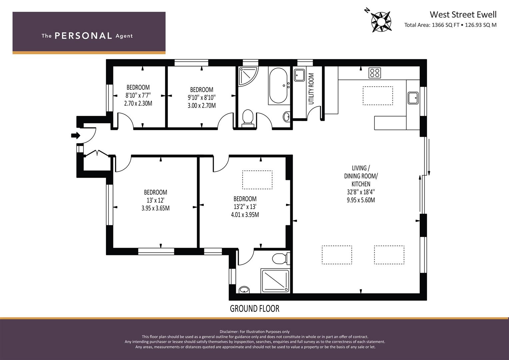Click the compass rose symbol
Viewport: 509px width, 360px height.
(381, 22)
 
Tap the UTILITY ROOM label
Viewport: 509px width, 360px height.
(311, 89)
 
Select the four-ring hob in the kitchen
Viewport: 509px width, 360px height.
(374, 73)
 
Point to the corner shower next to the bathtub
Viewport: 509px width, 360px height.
(248, 76)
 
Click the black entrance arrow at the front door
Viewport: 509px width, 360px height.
(76, 135)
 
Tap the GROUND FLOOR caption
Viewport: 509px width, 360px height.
(255, 309)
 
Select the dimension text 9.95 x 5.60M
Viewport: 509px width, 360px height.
(361, 200)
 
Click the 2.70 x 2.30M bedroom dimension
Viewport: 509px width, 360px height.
(138, 103)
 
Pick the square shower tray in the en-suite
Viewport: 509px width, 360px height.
(275, 281)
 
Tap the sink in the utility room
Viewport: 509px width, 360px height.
(299, 75)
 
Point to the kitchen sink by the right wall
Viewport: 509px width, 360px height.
(413, 98)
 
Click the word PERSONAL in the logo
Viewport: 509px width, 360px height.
(83, 36)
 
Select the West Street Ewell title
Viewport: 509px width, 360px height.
(463, 15)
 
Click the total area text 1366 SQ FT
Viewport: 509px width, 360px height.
(446, 25)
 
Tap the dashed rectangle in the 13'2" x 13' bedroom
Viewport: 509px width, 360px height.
(257, 180)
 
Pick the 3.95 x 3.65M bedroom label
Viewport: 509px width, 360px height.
(155, 208)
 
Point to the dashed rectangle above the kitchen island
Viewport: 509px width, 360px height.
(378, 96)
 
